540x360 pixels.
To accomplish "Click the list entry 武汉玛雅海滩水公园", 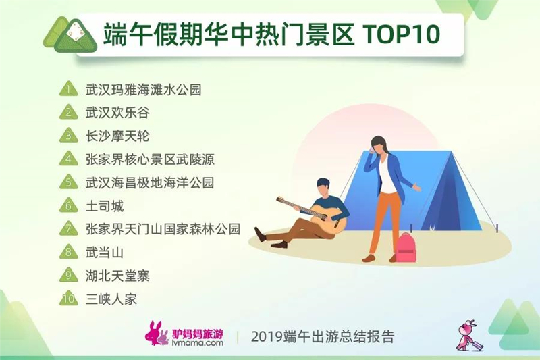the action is click(143, 90).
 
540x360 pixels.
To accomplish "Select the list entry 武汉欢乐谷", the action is click(117, 113).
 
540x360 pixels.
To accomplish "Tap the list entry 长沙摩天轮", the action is click(117, 136).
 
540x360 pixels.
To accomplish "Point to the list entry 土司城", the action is click(105, 206).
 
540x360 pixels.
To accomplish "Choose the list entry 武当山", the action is click(105, 253).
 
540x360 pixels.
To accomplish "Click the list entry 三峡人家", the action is click(111, 299).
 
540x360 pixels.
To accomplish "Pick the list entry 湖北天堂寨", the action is click(117, 276).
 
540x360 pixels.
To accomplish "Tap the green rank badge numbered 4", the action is click(69, 159).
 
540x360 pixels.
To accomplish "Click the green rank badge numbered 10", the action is click(69, 299).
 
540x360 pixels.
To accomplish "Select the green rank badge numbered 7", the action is click(69, 229).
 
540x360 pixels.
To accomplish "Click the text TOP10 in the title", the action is click(402, 34).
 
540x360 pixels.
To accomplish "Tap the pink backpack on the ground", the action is click(406, 247).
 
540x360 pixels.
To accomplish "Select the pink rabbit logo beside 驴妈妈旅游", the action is click(157, 334).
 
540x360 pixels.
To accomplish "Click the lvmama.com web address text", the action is click(197, 342).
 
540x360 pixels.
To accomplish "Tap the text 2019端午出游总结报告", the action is click(323, 336).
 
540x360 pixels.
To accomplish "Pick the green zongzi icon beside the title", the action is click(70, 35).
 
